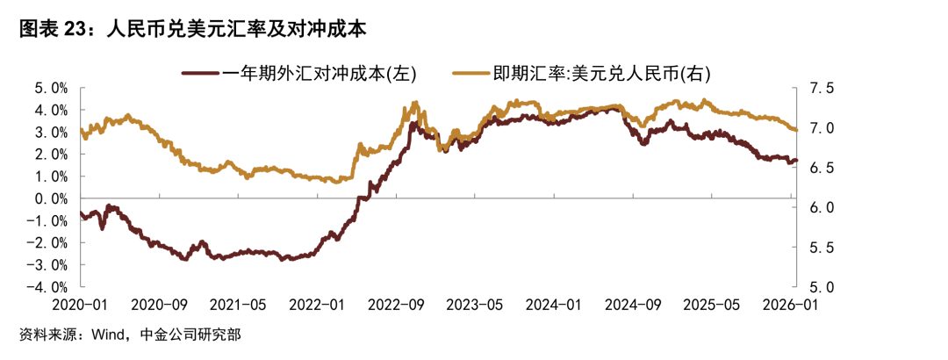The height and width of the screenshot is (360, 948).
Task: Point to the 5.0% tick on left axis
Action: [52, 89]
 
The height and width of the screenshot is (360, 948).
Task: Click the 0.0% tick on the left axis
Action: [52, 198]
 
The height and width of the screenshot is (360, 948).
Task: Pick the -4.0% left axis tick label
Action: [48, 286]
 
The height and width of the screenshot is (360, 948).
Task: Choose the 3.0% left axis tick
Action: [52, 133]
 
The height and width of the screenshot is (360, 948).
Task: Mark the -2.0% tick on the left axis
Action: [48, 242]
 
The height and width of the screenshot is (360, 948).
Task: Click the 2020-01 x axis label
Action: [80, 305]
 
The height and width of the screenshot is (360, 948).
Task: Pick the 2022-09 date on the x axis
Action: [397, 305]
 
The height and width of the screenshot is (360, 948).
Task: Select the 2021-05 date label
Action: [239, 305]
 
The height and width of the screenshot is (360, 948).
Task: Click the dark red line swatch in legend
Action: [201, 74]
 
